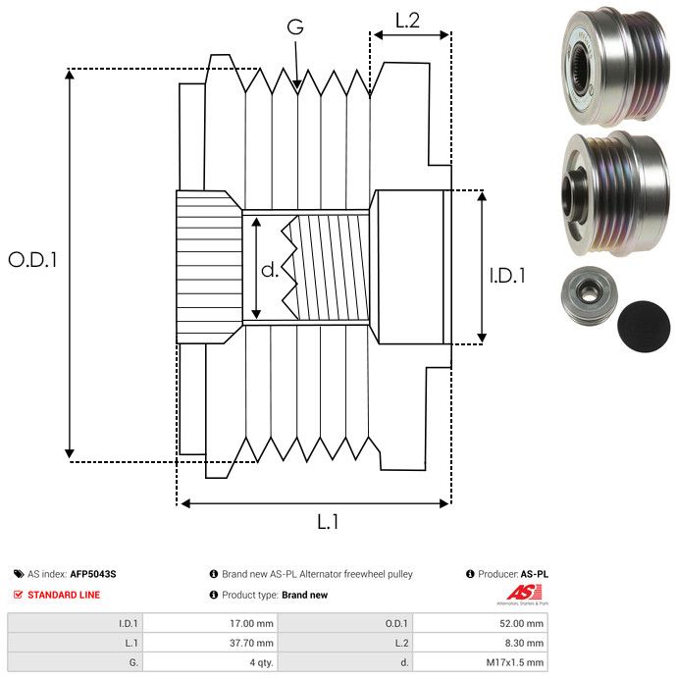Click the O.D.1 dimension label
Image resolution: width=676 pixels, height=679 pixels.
[x=33, y=260]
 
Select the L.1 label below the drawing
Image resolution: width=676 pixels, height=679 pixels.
[x=327, y=523]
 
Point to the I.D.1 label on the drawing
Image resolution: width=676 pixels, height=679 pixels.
[x=507, y=277]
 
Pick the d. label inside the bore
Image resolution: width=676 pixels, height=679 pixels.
[x=270, y=269]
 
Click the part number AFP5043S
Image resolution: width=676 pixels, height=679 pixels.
[x=99, y=574]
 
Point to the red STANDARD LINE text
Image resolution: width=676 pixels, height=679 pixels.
[x=64, y=595]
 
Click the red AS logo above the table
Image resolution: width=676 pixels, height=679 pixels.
[x=517, y=592]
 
